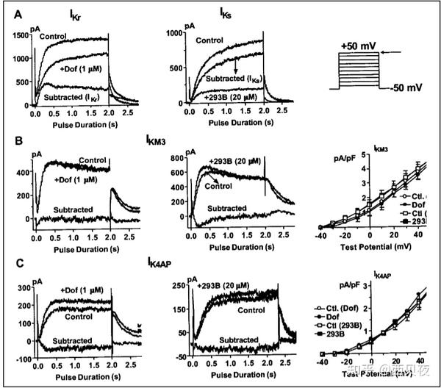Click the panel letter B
click(10, 139)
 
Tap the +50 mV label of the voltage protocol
click(359, 46)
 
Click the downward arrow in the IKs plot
click(236, 68)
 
